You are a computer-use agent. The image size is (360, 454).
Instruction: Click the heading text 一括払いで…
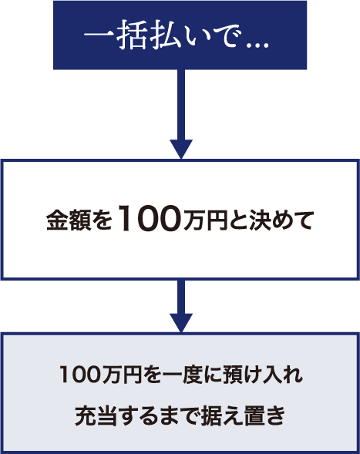coord(177,35)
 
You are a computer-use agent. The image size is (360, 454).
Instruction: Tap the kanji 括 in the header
coord(132,35)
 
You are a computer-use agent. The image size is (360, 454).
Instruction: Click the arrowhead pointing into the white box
coord(181,149)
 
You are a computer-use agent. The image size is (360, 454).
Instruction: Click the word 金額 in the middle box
coord(69,220)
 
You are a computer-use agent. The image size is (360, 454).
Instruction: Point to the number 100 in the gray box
coord(80,375)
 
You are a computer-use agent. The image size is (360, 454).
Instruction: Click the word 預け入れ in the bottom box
coord(262,375)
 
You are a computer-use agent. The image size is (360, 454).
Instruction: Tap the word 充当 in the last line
coord(94,415)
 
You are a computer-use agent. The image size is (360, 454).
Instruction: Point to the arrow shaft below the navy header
coord(181,105)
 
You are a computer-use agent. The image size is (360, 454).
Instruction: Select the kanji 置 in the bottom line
coord(254,415)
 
